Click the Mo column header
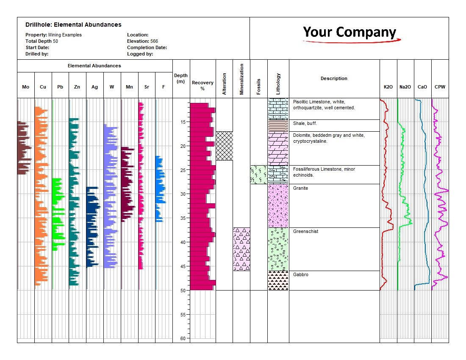[x=25, y=87]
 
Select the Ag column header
[x=94, y=87]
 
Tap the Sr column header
[x=147, y=87]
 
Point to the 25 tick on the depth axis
[x=189, y=170]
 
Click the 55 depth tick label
[x=183, y=315]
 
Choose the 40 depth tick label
[x=183, y=242]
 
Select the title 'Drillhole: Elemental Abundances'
[x=73, y=25]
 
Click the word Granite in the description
[x=300, y=188]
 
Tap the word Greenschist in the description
[x=305, y=231]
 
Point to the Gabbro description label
[x=301, y=274]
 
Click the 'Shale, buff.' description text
[x=305, y=123]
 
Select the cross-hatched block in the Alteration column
[x=225, y=146]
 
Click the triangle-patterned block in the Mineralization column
[x=241, y=249]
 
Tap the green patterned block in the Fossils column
[x=258, y=174]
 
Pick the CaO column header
[x=422, y=87]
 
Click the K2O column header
[x=388, y=87]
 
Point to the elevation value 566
[x=154, y=41]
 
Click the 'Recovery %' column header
[x=202, y=85]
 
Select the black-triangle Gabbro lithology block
[x=278, y=280]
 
